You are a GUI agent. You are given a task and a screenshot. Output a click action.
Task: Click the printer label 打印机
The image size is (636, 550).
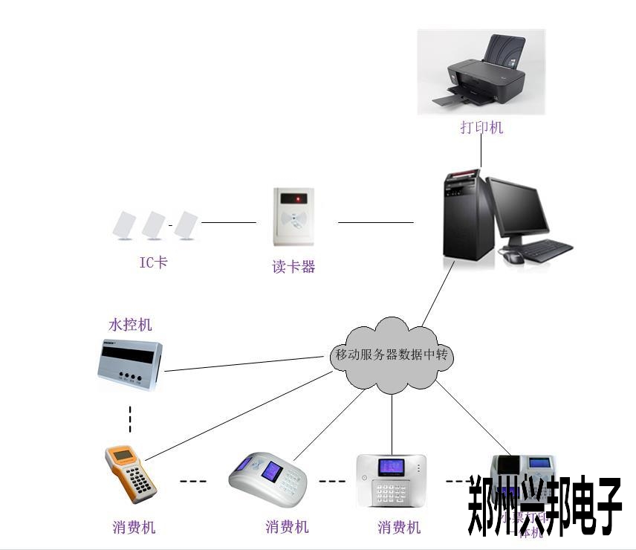coord(481,128)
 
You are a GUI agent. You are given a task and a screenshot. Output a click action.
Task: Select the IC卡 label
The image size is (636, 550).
coord(154,262)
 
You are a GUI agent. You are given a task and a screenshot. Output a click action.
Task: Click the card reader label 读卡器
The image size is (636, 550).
coord(294,266)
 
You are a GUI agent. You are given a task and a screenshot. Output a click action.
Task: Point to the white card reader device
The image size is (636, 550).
coord(295,217)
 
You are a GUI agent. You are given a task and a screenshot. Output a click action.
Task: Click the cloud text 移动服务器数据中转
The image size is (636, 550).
coord(392,355)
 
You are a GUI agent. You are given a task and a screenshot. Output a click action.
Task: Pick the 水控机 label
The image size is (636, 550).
coord(130,325)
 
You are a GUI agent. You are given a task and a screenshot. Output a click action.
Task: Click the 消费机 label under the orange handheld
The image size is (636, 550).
coord(134,528)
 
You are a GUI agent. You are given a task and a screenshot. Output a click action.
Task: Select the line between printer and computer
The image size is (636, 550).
coord(481,152)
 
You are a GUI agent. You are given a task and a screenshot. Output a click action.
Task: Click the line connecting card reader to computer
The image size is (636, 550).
coord(375,221)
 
